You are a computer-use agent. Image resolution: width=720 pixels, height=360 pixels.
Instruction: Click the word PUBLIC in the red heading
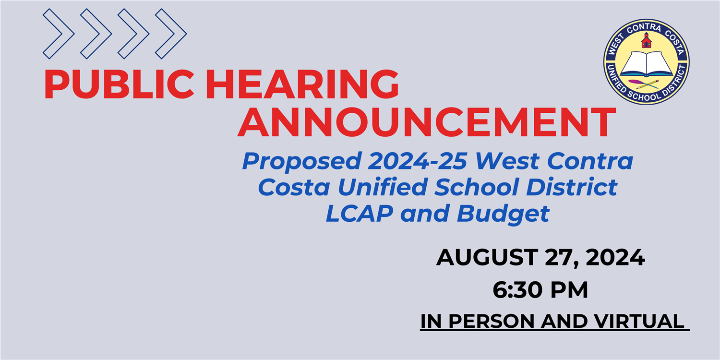pos(119,84)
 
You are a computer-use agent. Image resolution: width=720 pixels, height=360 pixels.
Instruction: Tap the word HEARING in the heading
pos(302,84)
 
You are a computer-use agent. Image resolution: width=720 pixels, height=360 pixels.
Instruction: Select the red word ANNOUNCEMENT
pos(427,122)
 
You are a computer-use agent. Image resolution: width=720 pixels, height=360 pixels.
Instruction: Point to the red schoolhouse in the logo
pos(646,41)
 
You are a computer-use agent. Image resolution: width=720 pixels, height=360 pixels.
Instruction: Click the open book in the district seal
pos(647,64)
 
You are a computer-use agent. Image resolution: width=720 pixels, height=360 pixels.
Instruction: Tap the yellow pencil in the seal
pos(648,84)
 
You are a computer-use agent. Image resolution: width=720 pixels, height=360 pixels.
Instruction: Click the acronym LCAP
pos(360,214)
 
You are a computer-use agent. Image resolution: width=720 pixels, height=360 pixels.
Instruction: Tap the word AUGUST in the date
pos(487,257)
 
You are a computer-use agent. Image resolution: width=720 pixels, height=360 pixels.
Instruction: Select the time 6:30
pos(518,290)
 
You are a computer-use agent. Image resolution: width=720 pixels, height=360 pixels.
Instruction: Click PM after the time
pos(569,290)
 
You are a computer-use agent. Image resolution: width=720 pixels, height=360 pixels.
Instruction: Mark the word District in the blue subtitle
pos(572,187)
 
